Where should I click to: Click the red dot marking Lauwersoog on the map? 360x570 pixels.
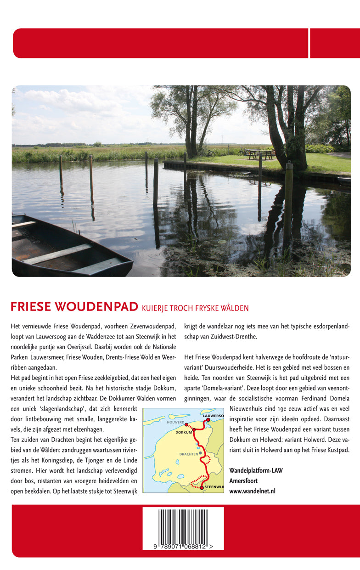tap(208, 419)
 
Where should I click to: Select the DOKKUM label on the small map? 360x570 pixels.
tap(183, 432)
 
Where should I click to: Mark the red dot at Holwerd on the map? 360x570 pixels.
tap(186, 425)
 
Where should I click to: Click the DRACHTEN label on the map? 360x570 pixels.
tap(188, 454)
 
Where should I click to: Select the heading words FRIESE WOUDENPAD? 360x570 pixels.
tap(74, 306)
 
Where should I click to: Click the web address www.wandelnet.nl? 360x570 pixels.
tap(252, 491)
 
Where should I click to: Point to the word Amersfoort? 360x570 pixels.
tap(243, 481)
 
